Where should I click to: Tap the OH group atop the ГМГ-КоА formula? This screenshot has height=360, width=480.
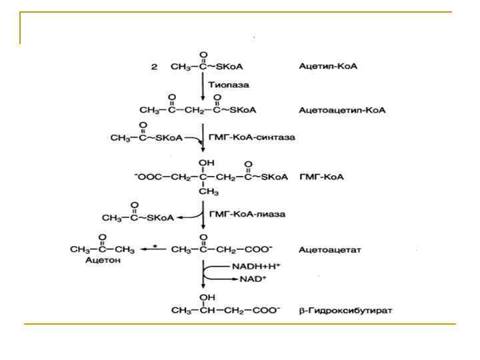pyautogui.click(x=203, y=162)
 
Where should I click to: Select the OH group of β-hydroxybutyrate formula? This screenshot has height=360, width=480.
pyautogui.click(x=203, y=298)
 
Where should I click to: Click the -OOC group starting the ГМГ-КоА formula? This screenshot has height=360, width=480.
pyautogui.click(x=145, y=177)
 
